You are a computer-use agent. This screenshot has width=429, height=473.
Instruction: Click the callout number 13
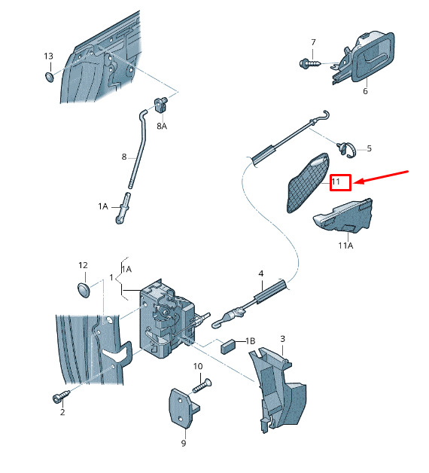48,56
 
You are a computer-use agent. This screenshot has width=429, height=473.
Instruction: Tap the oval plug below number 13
49,77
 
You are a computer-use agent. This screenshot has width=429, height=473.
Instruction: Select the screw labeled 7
310,64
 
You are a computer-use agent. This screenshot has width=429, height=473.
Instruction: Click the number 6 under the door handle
365,91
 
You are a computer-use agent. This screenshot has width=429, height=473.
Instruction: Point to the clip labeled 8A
161,105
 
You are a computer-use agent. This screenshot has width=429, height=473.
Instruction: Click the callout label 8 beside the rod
124,157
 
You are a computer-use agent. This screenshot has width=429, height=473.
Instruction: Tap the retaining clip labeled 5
346,150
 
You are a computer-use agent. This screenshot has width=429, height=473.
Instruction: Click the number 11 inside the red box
336,182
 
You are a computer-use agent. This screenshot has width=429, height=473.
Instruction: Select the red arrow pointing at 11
381,177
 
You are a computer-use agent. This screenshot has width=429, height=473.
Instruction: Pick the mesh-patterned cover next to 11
308,182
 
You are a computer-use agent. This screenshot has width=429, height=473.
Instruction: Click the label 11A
345,246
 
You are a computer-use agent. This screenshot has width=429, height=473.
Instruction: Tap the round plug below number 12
84,290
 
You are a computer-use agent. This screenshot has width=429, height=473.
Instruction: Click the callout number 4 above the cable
261,273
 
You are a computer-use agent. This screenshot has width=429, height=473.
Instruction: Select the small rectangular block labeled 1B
229,346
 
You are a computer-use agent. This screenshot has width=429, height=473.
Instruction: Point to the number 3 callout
282,339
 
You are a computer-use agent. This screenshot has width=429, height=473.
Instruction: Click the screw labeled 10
202,386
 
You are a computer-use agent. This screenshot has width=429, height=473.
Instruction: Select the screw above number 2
61,396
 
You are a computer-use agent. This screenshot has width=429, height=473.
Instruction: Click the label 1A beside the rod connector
103,206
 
